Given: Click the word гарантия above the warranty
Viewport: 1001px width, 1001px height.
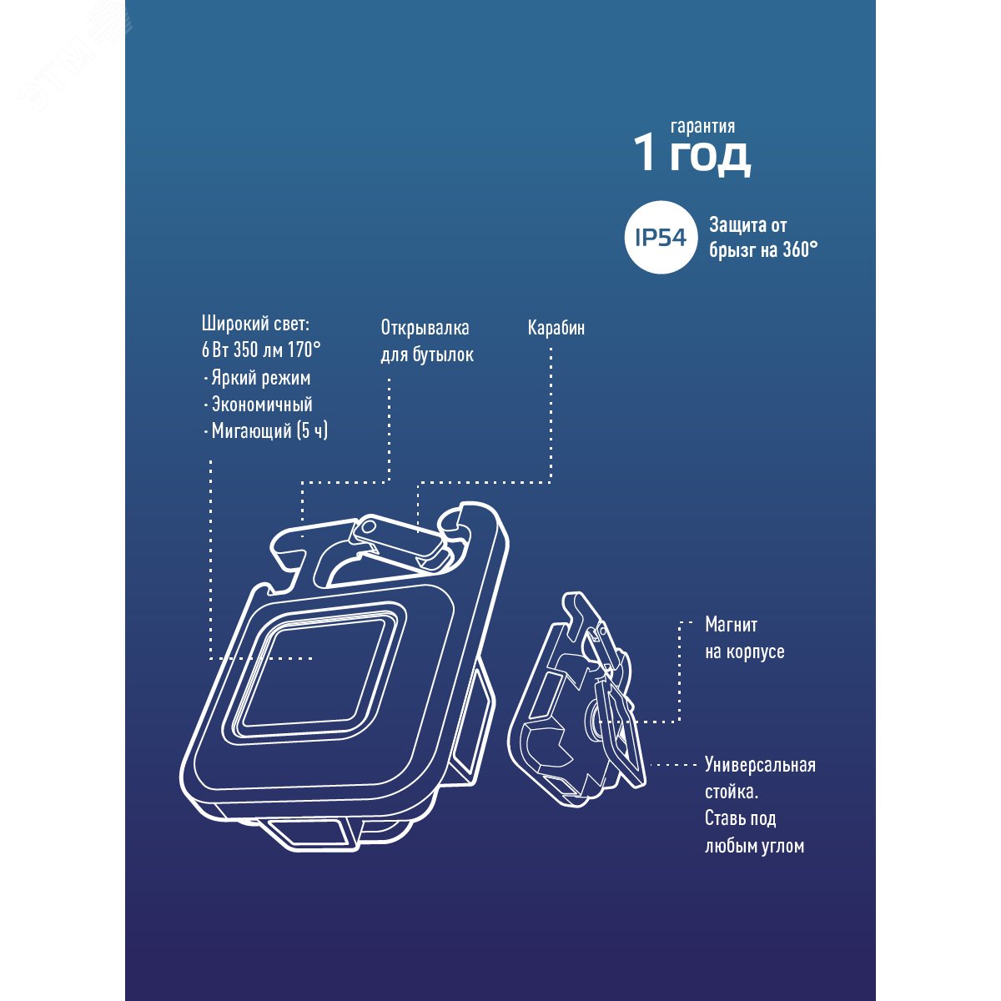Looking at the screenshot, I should [702, 127].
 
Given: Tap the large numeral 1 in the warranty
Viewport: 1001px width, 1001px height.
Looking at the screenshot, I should [646, 154].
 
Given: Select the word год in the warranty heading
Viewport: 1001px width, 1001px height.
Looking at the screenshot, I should [710, 157].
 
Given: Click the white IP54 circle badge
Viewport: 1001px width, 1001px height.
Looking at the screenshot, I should [661, 238].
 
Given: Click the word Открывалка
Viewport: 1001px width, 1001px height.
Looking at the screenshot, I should [425, 328].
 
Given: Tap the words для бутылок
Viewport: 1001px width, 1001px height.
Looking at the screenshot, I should [427, 355].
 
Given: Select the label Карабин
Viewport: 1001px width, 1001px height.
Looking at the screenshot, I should [556, 328].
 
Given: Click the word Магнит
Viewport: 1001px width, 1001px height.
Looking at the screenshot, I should [732, 625].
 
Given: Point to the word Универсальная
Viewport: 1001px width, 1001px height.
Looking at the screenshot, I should [760, 765].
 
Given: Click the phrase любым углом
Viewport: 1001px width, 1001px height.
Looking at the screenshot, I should [754, 846].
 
